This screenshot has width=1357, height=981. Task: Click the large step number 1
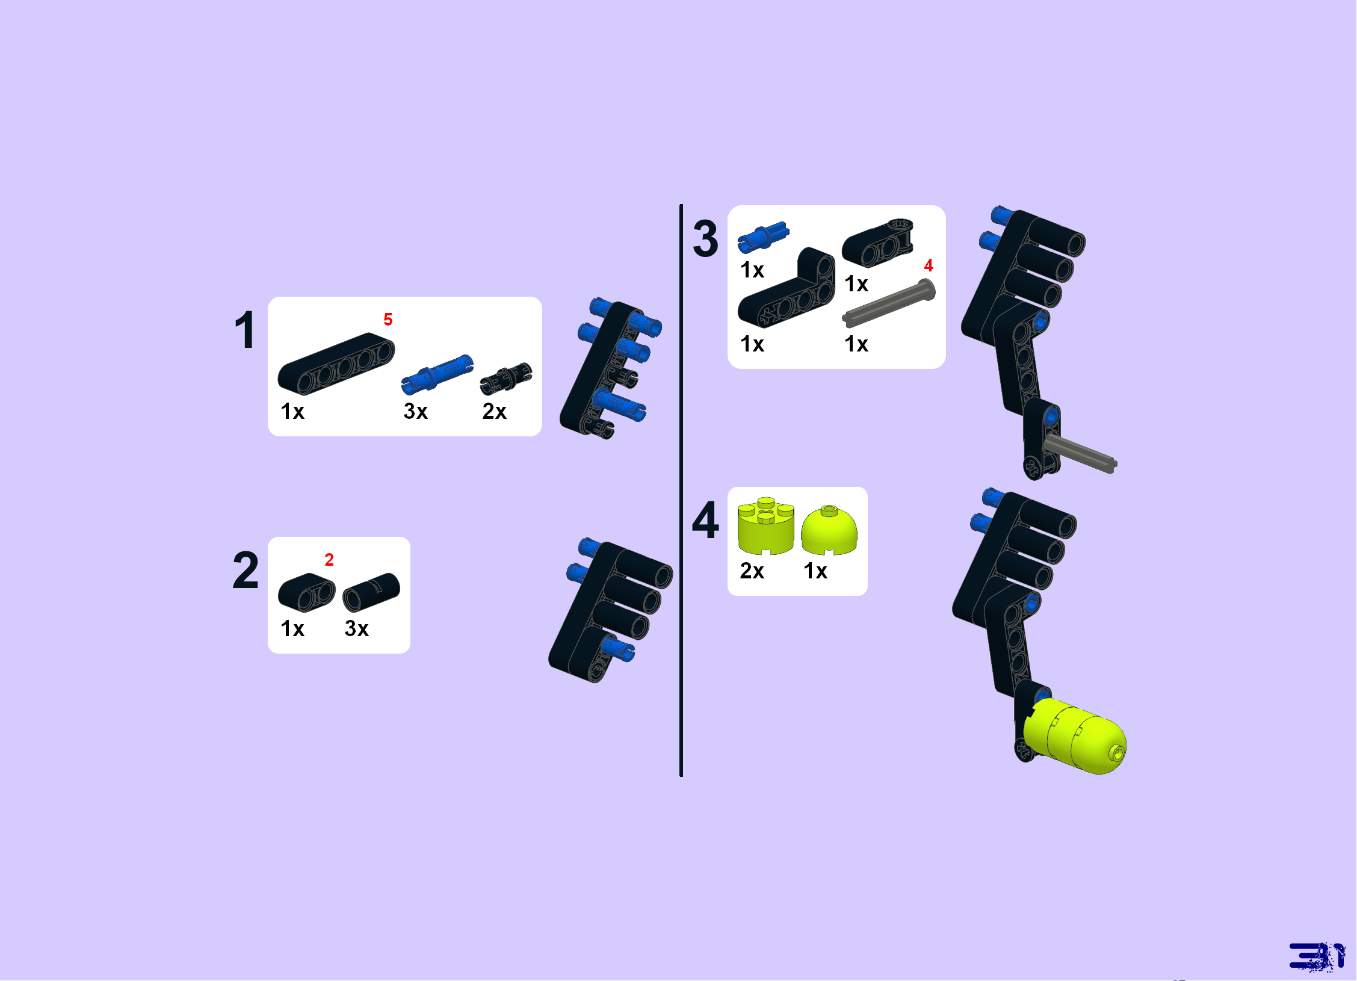(x=246, y=330)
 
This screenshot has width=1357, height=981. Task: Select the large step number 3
(x=705, y=238)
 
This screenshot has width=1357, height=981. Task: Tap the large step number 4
(x=705, y=519)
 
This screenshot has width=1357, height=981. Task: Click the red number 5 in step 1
(x=388, y=320)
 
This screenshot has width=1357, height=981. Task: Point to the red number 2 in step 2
(x=329, y=560)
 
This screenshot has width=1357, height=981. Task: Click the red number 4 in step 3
(x=929, y=265)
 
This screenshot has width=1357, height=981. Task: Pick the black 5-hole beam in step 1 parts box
(x=336, y=364)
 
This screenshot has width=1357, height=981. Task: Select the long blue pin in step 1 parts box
(x=437, y=374)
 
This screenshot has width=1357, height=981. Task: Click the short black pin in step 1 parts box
(x=506, y=379)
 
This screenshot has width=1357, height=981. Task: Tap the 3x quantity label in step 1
(x=415, y=412)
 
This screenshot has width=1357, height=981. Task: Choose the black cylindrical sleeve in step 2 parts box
(x=371, y=592)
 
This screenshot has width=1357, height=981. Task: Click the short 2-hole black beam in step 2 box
(x=307, y=592)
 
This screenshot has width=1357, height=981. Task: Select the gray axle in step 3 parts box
(x=889, y=303)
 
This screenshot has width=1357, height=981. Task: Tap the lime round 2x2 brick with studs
(x=766, y=525)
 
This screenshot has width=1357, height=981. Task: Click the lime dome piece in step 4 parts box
(x=829, y=530)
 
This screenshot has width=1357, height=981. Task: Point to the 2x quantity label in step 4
(x=752, y=571)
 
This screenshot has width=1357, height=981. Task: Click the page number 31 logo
(x=1317, y=956)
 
